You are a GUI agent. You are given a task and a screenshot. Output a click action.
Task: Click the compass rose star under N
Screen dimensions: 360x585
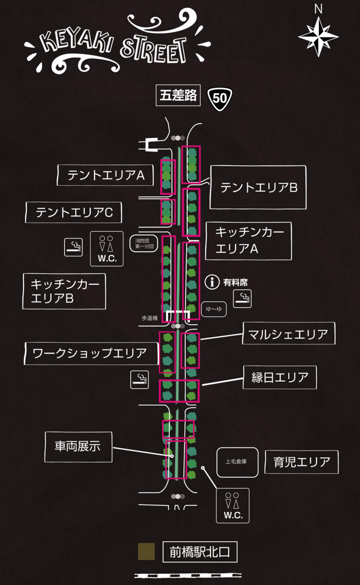[319, 37]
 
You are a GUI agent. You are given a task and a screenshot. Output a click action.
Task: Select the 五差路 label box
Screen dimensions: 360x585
[178, 95]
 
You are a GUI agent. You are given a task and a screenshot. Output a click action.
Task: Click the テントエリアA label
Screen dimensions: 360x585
[105, 175]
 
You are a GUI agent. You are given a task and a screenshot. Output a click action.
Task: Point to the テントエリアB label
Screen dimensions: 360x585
[258, 187]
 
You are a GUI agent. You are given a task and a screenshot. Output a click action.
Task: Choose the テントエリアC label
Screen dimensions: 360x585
[74, 212]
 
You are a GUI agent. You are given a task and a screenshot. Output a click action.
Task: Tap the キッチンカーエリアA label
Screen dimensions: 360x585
[248, 241]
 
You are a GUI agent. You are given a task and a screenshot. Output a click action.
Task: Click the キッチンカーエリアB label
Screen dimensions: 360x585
[64, 291]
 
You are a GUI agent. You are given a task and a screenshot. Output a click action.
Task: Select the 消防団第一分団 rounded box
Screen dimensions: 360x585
[144, 243]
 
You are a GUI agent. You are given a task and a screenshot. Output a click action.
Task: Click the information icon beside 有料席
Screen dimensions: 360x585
[212, 282]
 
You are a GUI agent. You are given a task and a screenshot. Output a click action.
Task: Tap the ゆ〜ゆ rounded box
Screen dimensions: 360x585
[214, 309]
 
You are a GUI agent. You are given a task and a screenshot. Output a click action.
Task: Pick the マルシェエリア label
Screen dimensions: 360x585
[289, 333]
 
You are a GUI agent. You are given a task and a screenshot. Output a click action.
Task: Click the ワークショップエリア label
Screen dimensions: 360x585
[91, 354]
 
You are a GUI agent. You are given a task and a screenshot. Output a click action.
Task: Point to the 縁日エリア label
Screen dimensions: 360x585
[280, 377]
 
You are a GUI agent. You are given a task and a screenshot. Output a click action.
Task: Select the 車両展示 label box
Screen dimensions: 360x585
[78, 447]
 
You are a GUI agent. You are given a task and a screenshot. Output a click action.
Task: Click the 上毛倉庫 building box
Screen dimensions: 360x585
[237, 462]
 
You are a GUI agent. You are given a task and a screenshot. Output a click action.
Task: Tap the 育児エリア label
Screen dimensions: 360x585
[301, 462]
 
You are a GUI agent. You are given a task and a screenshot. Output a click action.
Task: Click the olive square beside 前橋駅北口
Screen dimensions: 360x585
[146, 552]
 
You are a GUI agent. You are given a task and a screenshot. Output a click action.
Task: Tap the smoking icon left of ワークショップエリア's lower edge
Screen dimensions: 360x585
[140, 379]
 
